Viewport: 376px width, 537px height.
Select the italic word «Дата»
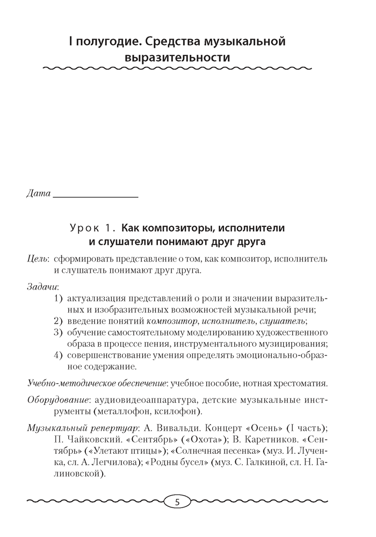(38, 193)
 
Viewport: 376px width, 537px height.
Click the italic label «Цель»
(38, 259)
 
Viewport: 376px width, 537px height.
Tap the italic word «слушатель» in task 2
(282, 321)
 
